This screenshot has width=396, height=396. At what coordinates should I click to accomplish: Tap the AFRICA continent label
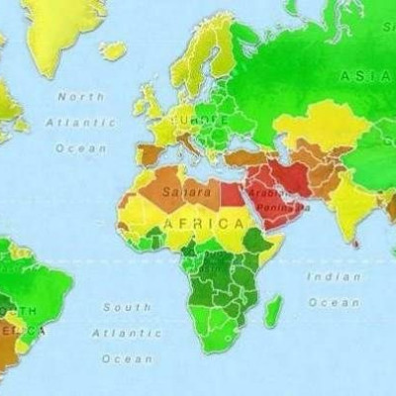pos(203,225)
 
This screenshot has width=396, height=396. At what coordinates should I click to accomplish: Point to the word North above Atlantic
pos(80,97)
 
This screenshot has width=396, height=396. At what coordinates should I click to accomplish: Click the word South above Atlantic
pos(126,308)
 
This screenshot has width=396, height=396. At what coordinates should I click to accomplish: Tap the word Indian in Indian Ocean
pos(333,277)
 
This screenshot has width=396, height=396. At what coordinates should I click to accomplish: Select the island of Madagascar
pos(272,311)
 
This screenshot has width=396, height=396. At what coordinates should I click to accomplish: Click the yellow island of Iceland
pos(113,49)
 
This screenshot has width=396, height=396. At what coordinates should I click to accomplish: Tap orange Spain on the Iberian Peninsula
pos(149,153)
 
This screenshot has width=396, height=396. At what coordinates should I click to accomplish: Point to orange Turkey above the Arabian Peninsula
pos(244,156)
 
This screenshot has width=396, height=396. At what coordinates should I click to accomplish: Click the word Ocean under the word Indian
pos(333,302)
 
